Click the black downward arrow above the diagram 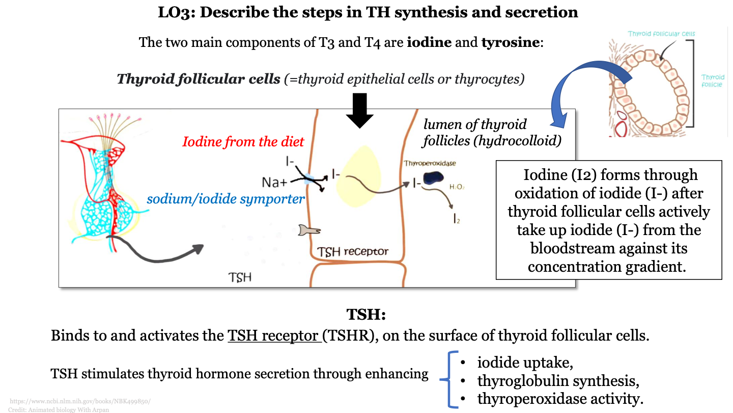tap(360, 110)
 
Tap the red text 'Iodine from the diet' tap(243, 142)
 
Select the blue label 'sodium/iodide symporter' tap(225, 199)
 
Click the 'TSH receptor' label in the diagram tap(353, 251)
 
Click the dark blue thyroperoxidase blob tap(434, 177)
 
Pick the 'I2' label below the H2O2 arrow tap(457, 220)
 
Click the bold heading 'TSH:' tap(366, 314)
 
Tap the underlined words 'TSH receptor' tap(274, 336)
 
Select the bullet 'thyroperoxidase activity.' tap(560, 398)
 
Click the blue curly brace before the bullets tap(450, 379)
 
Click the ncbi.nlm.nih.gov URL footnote tap(80, 401)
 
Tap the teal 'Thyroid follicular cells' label tap(661, 34)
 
